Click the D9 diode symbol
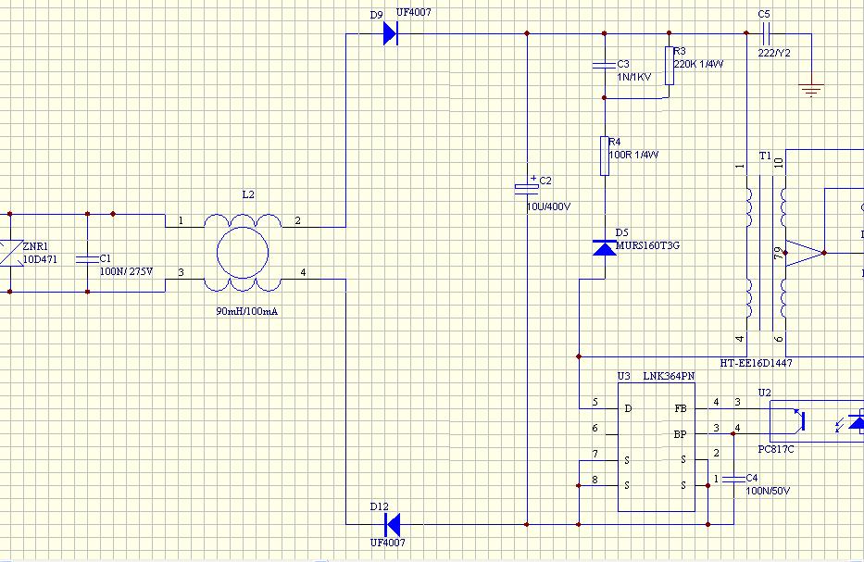click(391, 33)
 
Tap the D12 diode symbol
click(393, 525)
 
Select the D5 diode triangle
click(605, 248)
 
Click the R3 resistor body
click(669, 66)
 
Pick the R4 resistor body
click(605, 156)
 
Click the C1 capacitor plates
click(87, 259)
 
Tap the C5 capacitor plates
click(764, 33)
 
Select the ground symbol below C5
click(811, 90)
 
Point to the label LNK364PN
click(669, 376)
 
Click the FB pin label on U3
click(681, 408)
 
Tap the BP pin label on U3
click(681, 434)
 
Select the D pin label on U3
click(628, 408)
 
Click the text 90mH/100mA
click(247, 311)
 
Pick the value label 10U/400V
click(549, 206)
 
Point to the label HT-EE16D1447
click(756, 363)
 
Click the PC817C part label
click(776, 449)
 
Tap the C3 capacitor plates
click(605, 66)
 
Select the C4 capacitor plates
click(733, 479)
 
